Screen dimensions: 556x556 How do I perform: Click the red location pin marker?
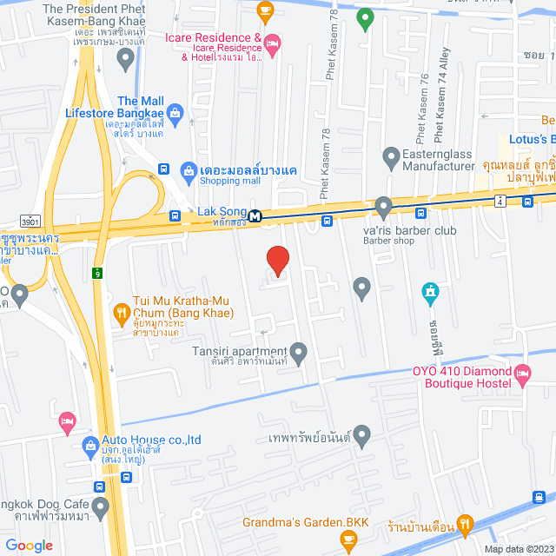click(277, 261)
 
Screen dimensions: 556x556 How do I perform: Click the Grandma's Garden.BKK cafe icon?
click(348, 541)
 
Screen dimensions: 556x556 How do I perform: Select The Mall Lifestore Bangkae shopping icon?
click(175, 111)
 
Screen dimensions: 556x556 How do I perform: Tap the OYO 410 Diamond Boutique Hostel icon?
click(522, 375)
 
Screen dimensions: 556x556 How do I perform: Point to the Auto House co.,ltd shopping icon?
click(89, 447)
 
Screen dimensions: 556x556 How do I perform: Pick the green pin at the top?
click(366, 17)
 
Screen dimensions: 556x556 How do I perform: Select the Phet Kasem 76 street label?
click(423, 109)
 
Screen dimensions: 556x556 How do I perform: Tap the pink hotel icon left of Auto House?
click(67, 421)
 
